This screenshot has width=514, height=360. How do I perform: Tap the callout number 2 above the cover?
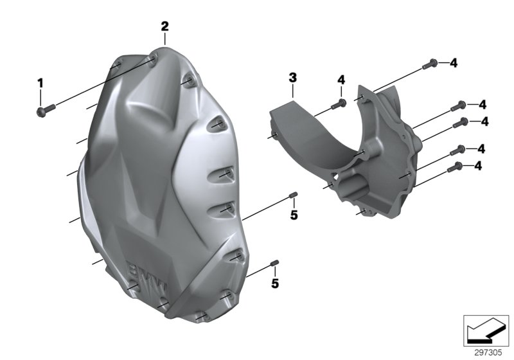tap(164, 26)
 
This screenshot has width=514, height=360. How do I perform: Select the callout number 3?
tap(292, 78)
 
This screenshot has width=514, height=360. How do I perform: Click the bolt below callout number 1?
tap(42, 112)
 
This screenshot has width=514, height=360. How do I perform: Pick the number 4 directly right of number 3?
tap(341, 80)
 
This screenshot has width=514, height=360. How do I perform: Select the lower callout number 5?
tap(274, 282)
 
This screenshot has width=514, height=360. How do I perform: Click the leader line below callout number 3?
tap(292, 91)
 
